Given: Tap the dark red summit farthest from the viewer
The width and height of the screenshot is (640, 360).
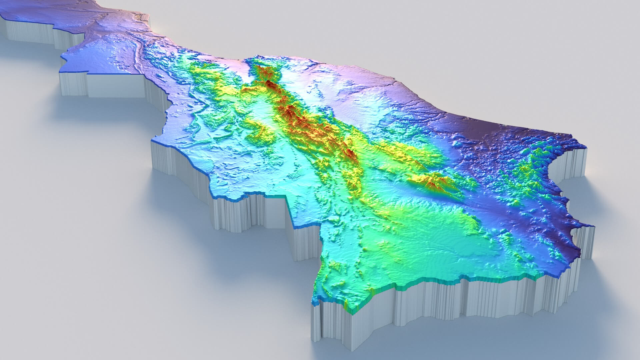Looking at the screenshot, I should click(269, 83).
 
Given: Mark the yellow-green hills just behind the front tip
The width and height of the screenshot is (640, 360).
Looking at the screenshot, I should click(337, 267).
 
